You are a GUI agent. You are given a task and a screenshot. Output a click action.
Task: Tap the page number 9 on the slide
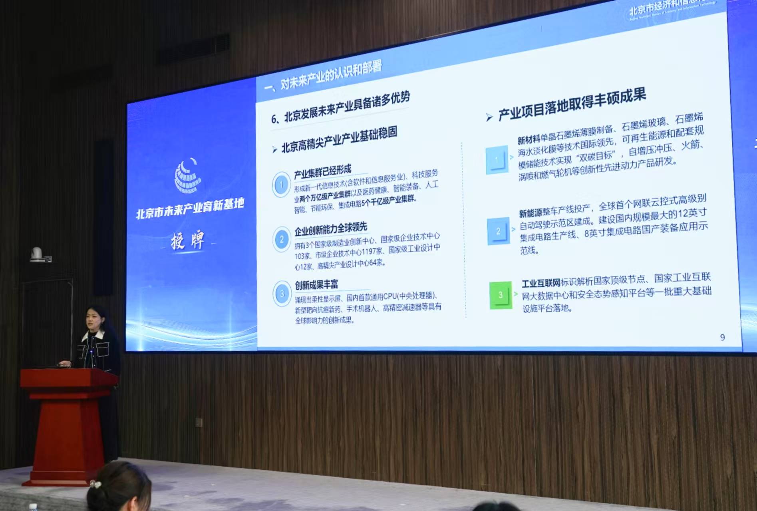coord(722,338)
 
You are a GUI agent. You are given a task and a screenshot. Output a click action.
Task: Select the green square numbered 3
coord(500,295)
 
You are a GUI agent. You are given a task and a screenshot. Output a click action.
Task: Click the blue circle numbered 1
coord(282,185)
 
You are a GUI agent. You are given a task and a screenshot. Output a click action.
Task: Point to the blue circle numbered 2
coord(282,239)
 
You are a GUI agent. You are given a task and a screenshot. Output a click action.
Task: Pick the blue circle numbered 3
coord(282,294)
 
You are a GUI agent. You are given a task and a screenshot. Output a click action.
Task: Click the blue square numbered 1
coord(497,160)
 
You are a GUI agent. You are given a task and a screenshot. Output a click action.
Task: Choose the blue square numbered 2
coord(498,231)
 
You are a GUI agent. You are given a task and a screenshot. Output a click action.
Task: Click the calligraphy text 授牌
coord(187,241)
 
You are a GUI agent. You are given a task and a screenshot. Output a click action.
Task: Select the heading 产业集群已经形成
coord(322,171)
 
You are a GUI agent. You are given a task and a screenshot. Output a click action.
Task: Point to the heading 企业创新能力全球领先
coord(330,229)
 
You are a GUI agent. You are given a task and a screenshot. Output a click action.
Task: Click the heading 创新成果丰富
coord(316,285)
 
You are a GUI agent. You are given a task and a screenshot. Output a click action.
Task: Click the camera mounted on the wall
coord(37,255)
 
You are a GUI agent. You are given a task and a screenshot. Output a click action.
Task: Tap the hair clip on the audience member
coord(95,484)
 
